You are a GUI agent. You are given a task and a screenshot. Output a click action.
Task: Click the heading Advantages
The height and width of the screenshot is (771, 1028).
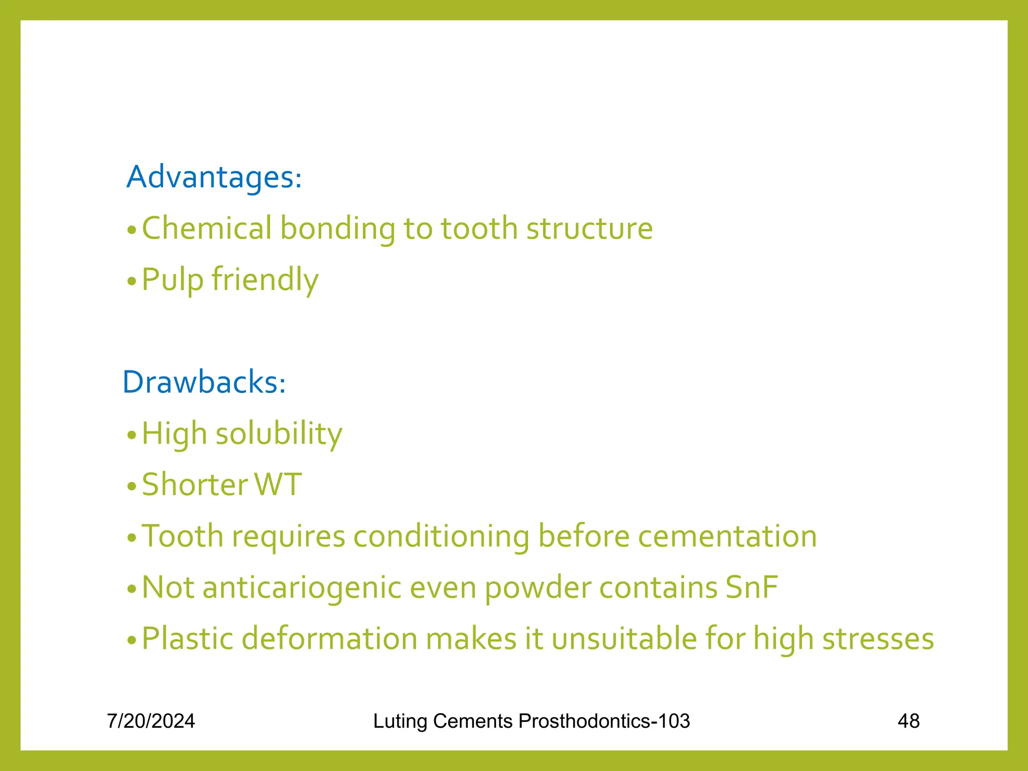[214, 177]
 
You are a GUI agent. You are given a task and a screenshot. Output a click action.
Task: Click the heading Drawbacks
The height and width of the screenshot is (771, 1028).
[204, 382]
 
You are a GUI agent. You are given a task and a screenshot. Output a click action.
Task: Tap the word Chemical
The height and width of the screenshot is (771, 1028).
[207, 228]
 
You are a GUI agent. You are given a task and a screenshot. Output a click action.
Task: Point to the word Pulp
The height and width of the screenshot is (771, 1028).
[172, 280]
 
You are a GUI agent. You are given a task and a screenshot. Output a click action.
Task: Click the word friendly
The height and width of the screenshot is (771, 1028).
[265, 280]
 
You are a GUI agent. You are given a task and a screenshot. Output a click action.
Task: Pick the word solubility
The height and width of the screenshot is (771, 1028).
[279, 434]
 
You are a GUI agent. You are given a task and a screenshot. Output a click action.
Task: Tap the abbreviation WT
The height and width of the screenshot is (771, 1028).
[278, 485]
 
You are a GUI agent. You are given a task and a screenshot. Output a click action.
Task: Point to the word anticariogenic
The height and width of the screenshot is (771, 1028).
[302, 588]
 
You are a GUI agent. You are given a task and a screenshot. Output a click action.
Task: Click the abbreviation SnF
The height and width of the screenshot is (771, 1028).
[751, 588]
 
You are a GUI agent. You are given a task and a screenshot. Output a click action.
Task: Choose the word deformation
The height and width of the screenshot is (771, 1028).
[330, 639]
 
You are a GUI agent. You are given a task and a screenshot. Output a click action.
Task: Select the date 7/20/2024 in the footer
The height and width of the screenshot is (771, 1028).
[151, 721]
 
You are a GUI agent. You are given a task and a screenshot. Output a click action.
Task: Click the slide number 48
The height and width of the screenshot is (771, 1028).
[909, 721]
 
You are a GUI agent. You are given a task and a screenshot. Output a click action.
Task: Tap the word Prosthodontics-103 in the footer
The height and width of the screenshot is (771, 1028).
[604, 721]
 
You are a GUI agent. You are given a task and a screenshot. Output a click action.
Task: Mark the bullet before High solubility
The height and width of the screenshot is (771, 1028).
[132, 435]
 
